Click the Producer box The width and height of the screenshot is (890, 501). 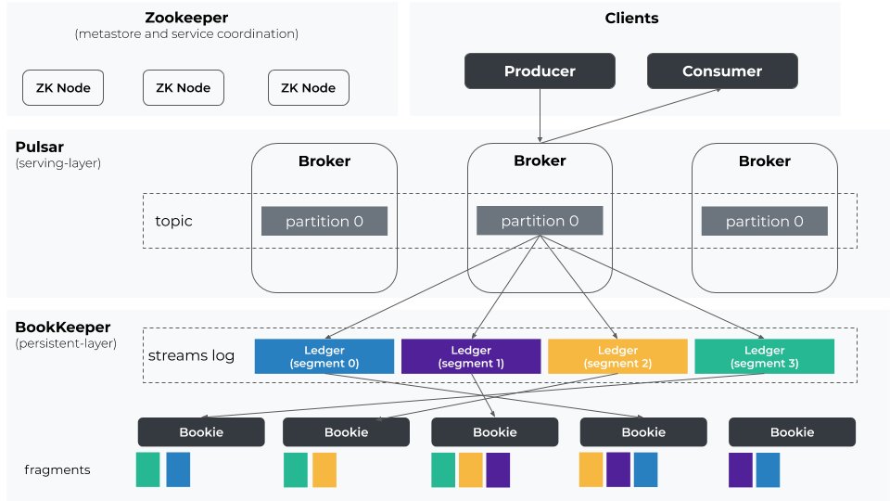pos(540,71)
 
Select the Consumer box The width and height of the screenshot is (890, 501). pos(721,71)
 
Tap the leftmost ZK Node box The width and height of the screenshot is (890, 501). pos(63,88)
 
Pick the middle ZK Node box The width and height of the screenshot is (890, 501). pos(183,88)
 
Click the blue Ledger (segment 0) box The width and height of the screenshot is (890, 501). pos(324,356)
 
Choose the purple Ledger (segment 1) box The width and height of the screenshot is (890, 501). pos(471,356)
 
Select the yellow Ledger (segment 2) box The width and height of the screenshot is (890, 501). pos(617,356)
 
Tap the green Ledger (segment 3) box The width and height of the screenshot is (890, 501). pos(764,356)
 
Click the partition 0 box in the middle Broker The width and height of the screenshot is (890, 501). pos(540,221)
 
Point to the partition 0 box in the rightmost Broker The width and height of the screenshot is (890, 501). pos(764,221)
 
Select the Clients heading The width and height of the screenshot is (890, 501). pos(631,18)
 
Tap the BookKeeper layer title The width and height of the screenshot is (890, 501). pos(62,328)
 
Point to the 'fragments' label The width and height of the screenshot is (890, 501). pos(57,469)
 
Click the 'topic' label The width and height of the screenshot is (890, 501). pos(174,222)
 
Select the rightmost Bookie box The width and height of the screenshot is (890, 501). pos(792,431)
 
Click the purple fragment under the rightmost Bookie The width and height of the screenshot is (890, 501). pos(741,469)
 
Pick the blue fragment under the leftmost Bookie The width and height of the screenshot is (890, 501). pos(178,469)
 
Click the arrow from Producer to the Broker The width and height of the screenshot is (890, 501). pos(540,116)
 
